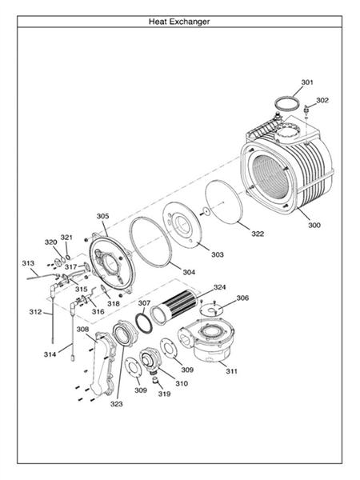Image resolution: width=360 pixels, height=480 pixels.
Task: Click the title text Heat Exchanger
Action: (179, 22)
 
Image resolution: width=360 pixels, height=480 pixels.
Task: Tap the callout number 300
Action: (314, 226)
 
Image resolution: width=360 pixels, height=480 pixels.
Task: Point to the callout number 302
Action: (322, 100)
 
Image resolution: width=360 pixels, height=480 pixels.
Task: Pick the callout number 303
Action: (218, 254)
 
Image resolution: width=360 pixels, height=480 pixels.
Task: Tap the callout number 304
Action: (188, 272)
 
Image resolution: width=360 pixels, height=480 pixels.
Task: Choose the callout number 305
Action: (102, 216)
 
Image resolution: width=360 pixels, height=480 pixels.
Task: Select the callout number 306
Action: (242, 298)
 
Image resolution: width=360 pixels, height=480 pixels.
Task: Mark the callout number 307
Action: (144, 303)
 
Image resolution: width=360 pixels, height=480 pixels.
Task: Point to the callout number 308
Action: (82, 329)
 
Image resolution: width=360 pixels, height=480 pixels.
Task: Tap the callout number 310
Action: (182, 384)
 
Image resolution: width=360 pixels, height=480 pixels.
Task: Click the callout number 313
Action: (28, 262)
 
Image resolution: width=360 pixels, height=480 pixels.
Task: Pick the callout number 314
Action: (50, 353)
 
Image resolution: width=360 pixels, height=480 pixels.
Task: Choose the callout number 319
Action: (163, 394)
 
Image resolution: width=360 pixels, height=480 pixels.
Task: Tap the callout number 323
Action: (117, 404)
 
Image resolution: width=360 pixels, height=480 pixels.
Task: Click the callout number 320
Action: (50, 242)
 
